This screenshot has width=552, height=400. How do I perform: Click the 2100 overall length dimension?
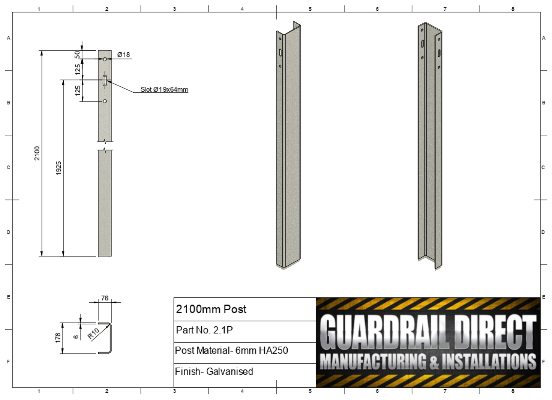click(x=37, y=153)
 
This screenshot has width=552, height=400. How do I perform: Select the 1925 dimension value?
click(x=58, y=168)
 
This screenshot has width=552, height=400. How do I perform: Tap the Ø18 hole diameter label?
click(x=123, y=55)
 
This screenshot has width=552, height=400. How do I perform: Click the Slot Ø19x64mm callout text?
click(x=164, y=89)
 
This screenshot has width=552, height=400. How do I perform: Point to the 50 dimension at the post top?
click(x=78, y=55)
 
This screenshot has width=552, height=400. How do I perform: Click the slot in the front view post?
click(x=105, y=81)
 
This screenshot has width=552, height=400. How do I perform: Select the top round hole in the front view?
click(x=105, y=59)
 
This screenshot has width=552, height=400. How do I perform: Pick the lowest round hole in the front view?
click(x=105, y=101)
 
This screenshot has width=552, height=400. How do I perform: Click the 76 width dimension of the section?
click(x=105, y=298)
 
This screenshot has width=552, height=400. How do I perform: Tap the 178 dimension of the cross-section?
click(x=58, y=337)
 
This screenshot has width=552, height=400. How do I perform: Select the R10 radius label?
click(x=93, y=333)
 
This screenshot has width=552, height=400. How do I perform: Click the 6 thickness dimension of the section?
click(x=76, y=336)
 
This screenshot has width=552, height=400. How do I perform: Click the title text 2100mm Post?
click(x=211, y=309)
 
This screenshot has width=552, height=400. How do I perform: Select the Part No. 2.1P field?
click(x=204, y=330)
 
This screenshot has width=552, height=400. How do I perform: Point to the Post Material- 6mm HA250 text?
click(x=231, y=350)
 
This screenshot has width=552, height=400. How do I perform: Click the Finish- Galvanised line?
click(x=214, y=371)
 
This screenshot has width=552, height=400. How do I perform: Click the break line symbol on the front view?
click(x=105, y=146)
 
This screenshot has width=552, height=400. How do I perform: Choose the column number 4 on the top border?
click(x=242, y=9)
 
